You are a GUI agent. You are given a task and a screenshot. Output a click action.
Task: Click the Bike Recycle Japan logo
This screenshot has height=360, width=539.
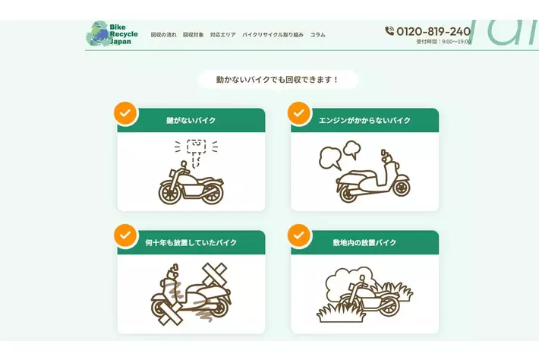pos(112,33)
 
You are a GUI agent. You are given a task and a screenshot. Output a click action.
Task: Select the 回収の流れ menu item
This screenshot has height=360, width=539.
pos(164,35)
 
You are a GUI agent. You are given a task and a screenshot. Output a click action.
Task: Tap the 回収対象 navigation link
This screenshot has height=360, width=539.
pos(193,35)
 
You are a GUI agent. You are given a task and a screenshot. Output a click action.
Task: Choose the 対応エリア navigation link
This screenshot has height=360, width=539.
pos(223,35)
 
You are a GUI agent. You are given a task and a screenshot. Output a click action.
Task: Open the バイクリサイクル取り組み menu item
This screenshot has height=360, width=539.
pos(273,35)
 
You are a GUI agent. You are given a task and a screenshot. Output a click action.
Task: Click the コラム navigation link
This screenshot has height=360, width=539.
pos(317,35)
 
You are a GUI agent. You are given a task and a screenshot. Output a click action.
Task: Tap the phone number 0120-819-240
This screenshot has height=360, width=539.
pos(433,31)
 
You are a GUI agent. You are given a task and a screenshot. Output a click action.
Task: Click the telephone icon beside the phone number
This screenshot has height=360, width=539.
pos(389,31)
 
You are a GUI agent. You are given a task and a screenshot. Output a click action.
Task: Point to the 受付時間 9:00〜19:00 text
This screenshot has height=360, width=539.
pos(443,42)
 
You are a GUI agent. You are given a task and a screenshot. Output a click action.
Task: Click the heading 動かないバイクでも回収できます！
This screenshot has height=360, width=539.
pos(278,80)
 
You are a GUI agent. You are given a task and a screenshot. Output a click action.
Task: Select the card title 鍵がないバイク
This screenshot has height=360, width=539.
pos(191,120)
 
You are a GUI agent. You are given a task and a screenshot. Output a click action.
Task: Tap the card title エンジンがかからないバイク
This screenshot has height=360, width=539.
pos(364,120)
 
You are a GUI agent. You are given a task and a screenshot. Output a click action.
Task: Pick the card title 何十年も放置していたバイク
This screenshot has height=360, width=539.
pos(191,243)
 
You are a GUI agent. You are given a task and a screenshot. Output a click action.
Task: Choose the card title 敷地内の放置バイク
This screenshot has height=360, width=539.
pos(364,243)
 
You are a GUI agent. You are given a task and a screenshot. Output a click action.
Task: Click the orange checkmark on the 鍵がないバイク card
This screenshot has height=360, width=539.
pos(125,112)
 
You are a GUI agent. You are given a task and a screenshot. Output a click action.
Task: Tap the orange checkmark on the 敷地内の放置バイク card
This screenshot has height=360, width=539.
pos(299,235)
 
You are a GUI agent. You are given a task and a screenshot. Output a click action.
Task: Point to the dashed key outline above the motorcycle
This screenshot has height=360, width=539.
pos(197,152)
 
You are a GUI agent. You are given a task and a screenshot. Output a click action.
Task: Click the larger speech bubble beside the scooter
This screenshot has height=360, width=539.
pos(329,158)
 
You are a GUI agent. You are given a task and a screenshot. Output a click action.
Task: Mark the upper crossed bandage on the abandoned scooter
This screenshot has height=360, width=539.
pos(215,274)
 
